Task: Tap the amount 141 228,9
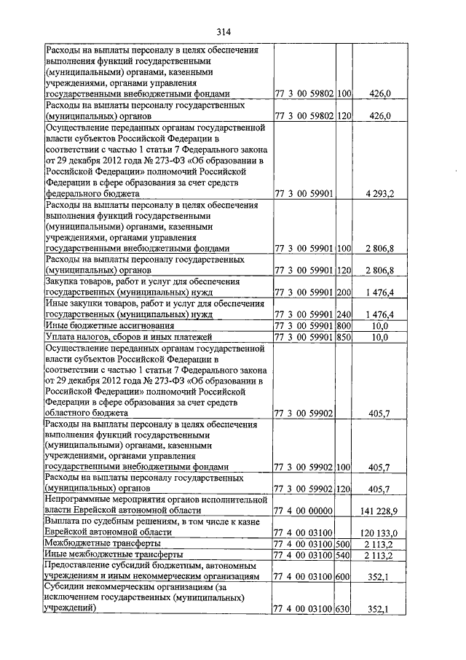pyautogui.click(x=378, y=511)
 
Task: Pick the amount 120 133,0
pyautogui.click(x=378, y=533)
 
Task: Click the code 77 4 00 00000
pyautogui.click(x=304, y=511)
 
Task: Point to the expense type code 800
pyautogui.click(x=344, y=325)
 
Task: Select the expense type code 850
pyautogui.click(x=344, y=337)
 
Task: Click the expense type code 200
pyautogui.click(x=344, y=292)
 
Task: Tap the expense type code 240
pyautogui.click(x=344, y=314)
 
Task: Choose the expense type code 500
pyautogui.click(x=344, y=544)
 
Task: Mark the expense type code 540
pyautogui.click(x=344, y=556)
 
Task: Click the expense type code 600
pyautogui.click(x=344, y=577)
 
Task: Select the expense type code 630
pyautogui.click(x=344, y=610)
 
